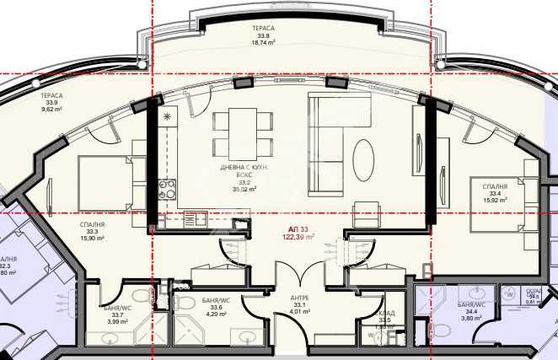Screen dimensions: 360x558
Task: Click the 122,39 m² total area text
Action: [x=298, y=238]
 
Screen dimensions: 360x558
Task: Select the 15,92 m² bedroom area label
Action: [x=495, y=200]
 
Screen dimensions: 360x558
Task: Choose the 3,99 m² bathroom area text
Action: [x=117, y=321]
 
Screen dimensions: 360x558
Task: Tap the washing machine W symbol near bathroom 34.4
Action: [x=509, y=294]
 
